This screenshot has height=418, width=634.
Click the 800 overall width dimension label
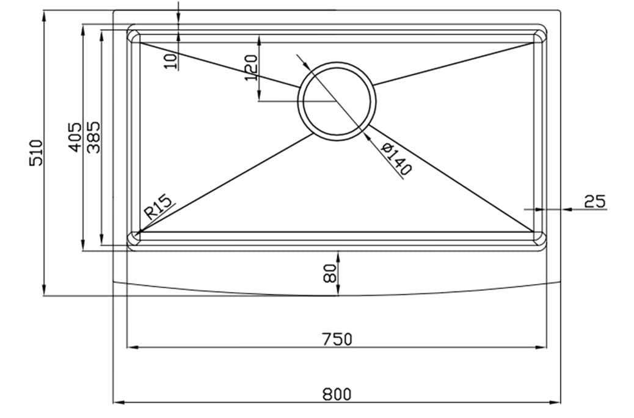tap(337, 394)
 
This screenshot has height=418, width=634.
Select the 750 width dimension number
tap(337, 339)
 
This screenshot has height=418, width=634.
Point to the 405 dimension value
tap(75, 137)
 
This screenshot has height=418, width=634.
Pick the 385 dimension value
tap(93, 137)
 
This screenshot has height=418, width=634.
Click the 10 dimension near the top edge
tap(170, 59)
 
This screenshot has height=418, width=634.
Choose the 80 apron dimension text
tap(330, 273)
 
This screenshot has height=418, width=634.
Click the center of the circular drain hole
tap(337, 101)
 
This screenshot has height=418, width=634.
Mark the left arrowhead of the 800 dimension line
tap(118, 402)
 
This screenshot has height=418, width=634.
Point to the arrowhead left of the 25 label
tap(566, 209)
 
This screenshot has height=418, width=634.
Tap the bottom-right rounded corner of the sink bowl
tap(541, 240)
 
